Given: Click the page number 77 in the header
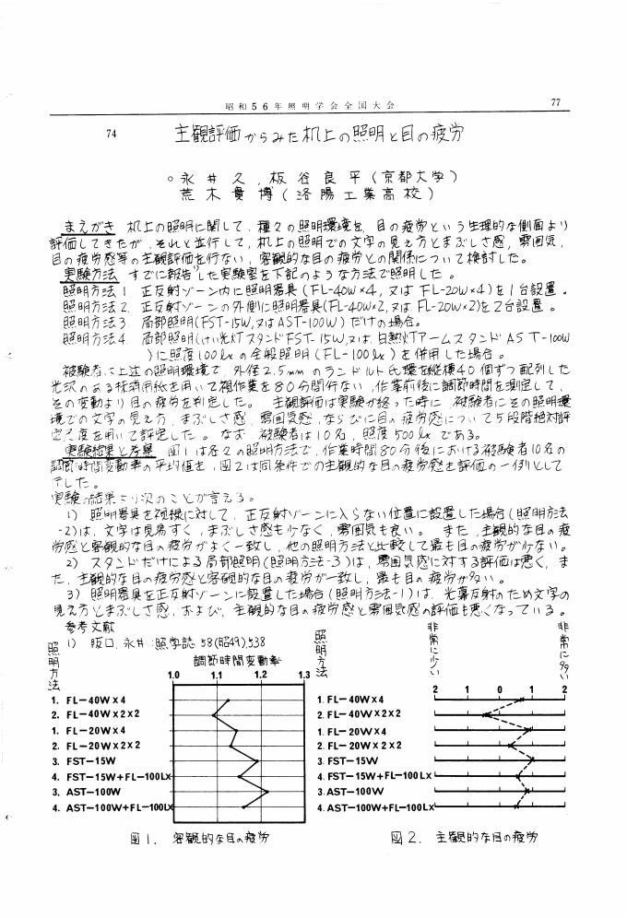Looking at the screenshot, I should (x=555, y=102).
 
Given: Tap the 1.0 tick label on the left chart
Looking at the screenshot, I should (x=172, y=675).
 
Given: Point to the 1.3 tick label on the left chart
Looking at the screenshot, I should (x=302, y=675).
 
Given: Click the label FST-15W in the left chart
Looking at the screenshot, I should (x=84, y=761).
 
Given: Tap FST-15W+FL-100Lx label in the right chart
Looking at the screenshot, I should (x=374, y=776).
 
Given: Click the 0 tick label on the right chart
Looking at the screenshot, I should (x=499, y=689).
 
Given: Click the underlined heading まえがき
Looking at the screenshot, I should (x=87, y=224).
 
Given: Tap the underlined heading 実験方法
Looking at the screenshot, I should (x=89, y=276).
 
